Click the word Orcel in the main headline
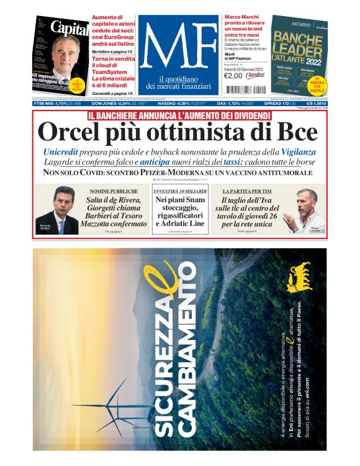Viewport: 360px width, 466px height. pyautogui.click(x=69, y=133)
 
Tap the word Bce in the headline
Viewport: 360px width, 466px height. pyautogui.click(x=295, y=133)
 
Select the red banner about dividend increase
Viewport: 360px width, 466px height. pyautogui.click(x=179, y=115)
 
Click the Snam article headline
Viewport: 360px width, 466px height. pyautogui.click(x=179, y=212)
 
